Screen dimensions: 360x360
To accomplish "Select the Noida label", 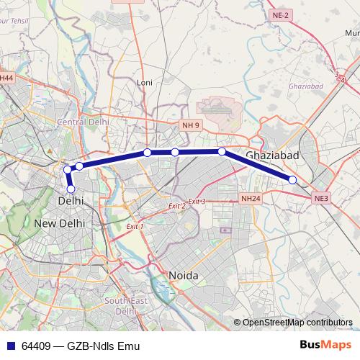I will pyautogui.click(x=183, y=276).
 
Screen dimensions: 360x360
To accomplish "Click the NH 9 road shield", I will pyautogui.click(x=191, y=125).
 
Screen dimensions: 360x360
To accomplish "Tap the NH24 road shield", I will pyautogui.click(x=251, y=197).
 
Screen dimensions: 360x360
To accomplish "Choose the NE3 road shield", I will pyautogui.click(x=320, y=197).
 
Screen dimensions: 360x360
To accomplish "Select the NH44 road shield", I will pyautogui.click(x=6, y=78).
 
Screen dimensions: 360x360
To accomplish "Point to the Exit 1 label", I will pyautogui.click(x=135, y=226).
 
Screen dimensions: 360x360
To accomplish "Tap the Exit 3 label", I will pyautogui.click(x=197, y=202).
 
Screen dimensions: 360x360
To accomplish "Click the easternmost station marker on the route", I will pyautogui.click(x=292, y=179).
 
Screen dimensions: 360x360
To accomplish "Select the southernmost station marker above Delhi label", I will pyautogui.click(x=71, y=189).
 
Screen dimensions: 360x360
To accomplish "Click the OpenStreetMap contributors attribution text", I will pyautogui.click(x=297, y=323).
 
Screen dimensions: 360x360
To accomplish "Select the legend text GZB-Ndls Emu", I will pyautogui.click(x=103, y=346).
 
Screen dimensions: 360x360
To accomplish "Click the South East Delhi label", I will pyautogui.click(x=125, y=306).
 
